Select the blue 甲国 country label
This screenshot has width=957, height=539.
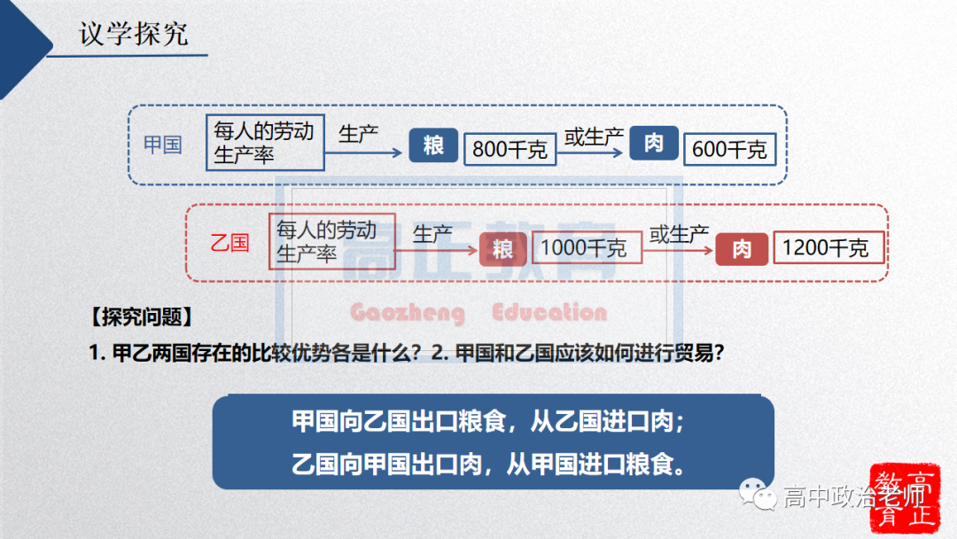pos(162,145)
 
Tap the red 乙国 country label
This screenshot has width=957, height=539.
pos(230,243)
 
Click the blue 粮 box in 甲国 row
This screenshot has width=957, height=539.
pos(433,145)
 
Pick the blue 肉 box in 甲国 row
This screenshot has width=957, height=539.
pos(654,144)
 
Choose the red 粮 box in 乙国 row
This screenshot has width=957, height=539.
pos(502,249)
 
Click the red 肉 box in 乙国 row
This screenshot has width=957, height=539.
pos(741,249)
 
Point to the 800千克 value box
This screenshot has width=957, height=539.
pos(510,149)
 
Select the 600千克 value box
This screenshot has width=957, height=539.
pos(729,149)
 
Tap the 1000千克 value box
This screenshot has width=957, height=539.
pos(583,248)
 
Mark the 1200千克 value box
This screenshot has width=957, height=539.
pos(829,248)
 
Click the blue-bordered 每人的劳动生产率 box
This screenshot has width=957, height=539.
pos(265,143)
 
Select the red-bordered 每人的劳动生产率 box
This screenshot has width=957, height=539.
pos(331,241)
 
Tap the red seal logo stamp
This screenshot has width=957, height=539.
pos(902,497)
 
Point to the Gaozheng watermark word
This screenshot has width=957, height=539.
pos(407,313)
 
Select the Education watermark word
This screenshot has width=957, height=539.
pos(549,313)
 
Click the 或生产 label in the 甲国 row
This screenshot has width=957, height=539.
pos(594,137)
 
